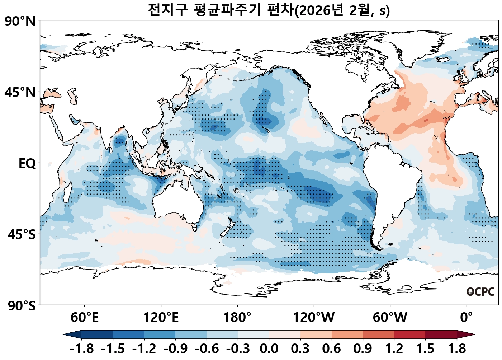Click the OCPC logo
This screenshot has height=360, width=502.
pyautogui.click(x=480, y=292)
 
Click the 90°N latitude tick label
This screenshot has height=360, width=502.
pyautogui.click(x=20, y=22)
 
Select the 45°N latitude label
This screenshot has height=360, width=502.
pyautogui.click(x=20, y=93)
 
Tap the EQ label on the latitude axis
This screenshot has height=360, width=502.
pyautogui.click(x=27, y=164)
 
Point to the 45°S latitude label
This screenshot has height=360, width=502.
pyautogui.click(x=22, y=235)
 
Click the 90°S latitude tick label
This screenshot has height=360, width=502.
pyautogui.click(x=22, y=306)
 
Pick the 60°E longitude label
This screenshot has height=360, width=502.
pyautogui.click(x=84, y=318)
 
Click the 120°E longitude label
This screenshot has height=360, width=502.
pyautogui.click(x=161, y=318)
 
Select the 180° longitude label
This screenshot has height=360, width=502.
pyautogui.click(x=237, y=318)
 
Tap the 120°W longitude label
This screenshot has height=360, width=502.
pyautogui.click(x=314, y=318)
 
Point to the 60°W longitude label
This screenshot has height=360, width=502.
pyautogui.click(x=390, y=318)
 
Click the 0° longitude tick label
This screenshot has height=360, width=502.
pyautogui.click(x=467, y=318)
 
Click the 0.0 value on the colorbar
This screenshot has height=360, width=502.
pyautogui.click(x=269, y=349)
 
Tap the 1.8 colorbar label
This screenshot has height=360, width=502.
pyautogui.click(x=457, y=349)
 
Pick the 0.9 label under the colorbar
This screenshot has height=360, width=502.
pyautogui.click(x=363, y=349)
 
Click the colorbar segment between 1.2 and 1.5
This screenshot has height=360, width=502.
pyautogui.click(x=409, y=335)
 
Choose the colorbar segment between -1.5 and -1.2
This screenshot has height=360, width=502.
pyautogui.click(x=128, y=335)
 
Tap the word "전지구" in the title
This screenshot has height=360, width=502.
pyautogui.click(x=167, y=10)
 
